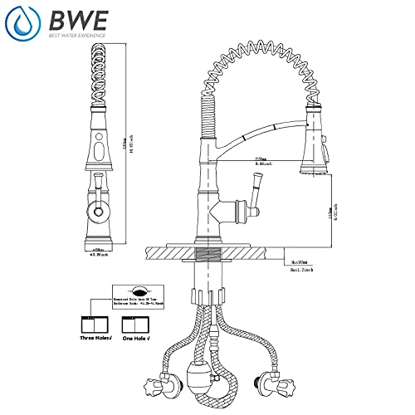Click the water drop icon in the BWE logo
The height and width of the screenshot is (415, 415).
coord(21,22)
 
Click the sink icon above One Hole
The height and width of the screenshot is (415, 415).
coord(136,321)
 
